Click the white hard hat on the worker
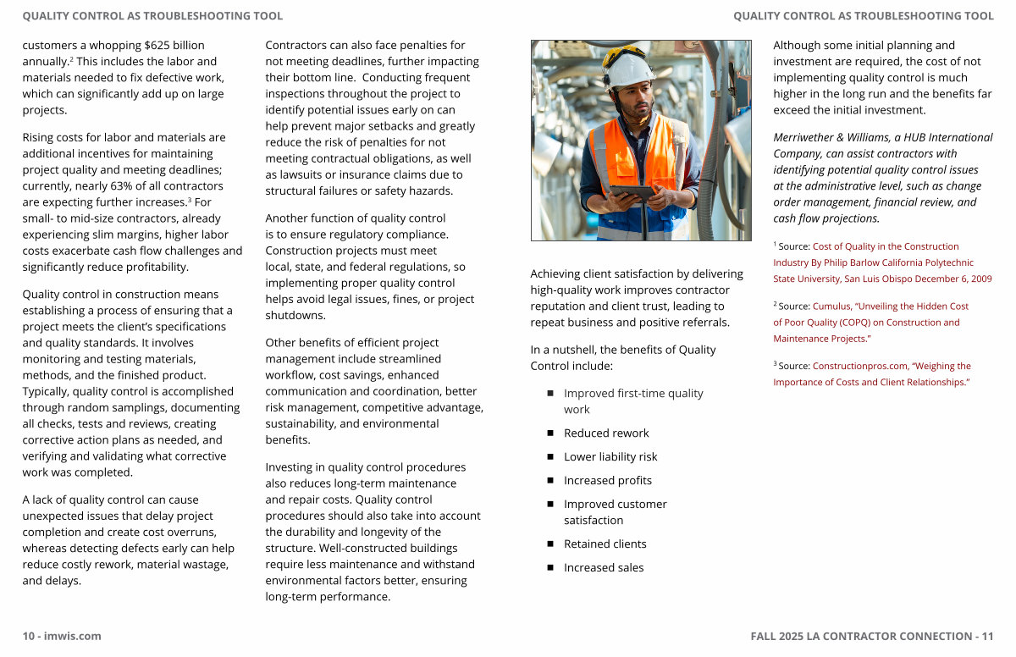pos(627,68)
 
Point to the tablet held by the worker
pos(632,193)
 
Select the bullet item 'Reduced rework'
pos(606,433)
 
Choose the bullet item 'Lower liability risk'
pos(610,456)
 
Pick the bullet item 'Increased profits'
pos(608,480)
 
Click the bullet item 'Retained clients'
pos(605,544)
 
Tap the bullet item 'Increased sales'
pos(604,567)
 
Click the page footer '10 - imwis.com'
pos(62,636)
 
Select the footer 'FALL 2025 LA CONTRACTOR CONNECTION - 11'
pos(872,636)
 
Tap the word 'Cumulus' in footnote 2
pos(831,306)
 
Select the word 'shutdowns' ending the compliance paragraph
pos(294,315)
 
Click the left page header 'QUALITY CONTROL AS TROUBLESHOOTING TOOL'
pos(152,16)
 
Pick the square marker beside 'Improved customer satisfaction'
pos(549,504)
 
